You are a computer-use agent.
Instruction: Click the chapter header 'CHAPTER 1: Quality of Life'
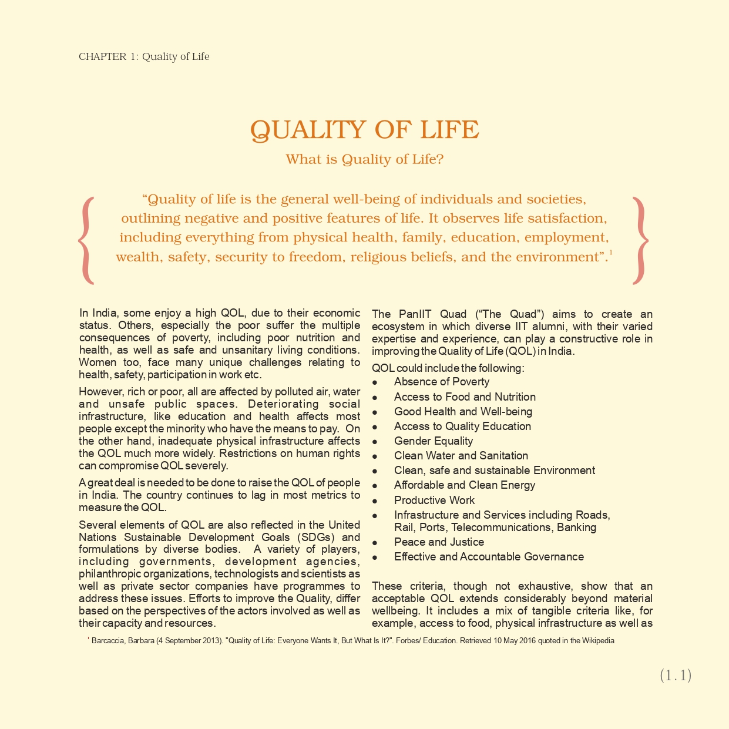click(144, 56)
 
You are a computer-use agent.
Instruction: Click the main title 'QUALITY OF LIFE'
click(364, 130)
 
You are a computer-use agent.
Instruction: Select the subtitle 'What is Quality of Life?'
click(364, 159)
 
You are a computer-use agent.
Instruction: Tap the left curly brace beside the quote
click(86, 240)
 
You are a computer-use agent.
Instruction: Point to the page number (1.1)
click(676, 676)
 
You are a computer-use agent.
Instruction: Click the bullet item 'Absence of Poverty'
click(441, 382)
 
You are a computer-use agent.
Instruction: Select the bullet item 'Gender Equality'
click(433, 441)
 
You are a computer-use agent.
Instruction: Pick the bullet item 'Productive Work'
click(434, 500)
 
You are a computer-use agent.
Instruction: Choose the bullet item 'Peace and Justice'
click(439, 542)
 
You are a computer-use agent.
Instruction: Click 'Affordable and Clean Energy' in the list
click(464, 485)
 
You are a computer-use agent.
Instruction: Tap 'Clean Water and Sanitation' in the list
click(461, 456)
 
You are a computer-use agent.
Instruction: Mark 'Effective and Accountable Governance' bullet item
click(489, 557)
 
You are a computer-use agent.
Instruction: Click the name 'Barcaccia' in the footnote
click(108, 641)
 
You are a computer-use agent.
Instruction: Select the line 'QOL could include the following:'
click(448, 368)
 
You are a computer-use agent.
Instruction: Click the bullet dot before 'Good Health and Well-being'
click(375, 412)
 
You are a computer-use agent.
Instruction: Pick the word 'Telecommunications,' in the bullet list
click(501, 528)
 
